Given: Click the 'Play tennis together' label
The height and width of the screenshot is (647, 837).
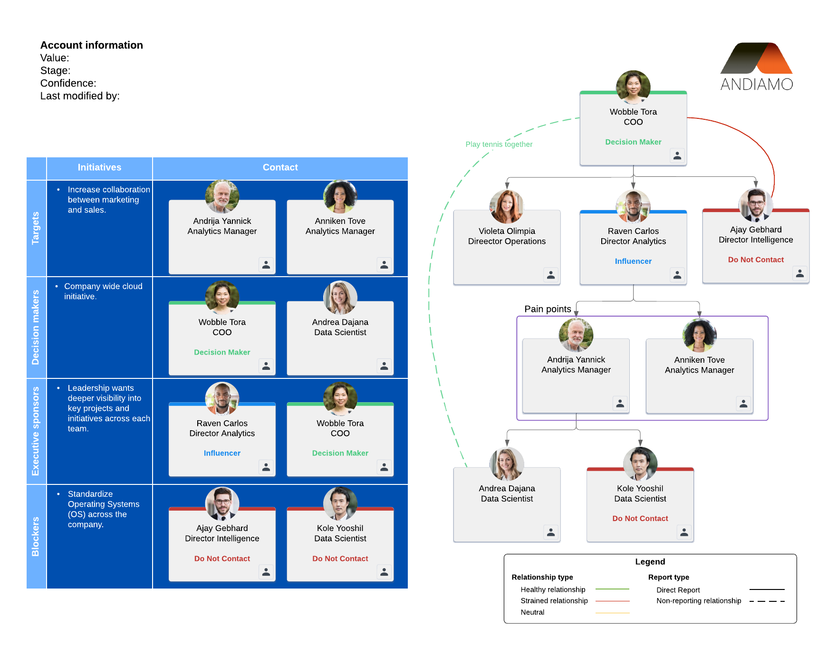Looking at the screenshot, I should coord(499,145).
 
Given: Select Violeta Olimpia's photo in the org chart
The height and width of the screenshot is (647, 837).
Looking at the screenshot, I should coord(507,207).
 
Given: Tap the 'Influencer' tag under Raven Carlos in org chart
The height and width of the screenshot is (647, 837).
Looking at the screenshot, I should coord(633,261).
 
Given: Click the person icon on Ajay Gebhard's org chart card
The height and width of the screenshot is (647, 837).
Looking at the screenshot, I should coord(800,273).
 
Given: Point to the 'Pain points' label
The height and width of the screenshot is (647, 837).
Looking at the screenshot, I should coord(548,309).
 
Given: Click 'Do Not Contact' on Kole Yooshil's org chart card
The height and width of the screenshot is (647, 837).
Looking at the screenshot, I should coord(640,519).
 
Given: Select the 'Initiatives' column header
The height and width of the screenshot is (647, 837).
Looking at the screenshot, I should coord(99,167).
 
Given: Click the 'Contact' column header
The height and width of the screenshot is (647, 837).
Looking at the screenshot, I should coord(280,167).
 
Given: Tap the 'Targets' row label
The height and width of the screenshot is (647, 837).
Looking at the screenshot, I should coord(36,228).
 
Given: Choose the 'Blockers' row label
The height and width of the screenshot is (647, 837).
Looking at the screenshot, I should coord(36,537).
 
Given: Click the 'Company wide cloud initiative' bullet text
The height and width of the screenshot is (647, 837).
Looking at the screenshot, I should coord(103,291).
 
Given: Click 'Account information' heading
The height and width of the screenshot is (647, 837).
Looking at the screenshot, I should coord(92,45).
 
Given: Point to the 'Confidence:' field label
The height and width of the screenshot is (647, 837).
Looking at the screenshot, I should coord(68,84).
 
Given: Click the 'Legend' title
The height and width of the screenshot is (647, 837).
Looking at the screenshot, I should coord(650,562).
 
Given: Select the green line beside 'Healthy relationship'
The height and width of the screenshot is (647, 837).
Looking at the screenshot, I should coord(612,589).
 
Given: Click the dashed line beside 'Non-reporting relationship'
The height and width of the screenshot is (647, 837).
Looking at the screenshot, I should coord(767,601).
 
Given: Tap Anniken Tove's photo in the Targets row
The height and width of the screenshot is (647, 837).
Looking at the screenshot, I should coord(340,196).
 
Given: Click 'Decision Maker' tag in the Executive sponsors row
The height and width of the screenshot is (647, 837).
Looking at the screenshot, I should coord(340,454).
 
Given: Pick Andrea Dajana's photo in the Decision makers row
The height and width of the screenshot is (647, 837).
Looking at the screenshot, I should coord(340,298).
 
